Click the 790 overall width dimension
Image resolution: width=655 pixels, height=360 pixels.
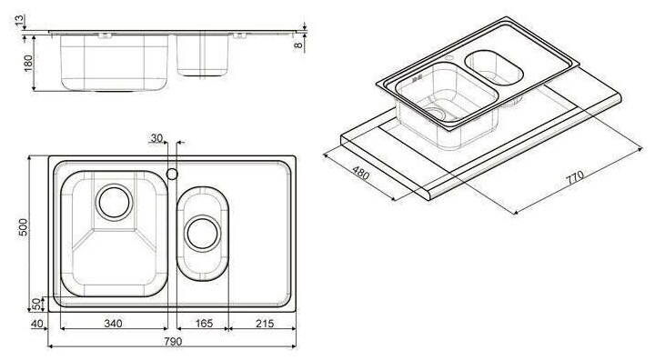[x=173, y=341]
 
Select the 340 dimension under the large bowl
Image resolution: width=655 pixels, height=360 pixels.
[x=113, y=324]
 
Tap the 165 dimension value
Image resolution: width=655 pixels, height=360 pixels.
[x=204, y=324]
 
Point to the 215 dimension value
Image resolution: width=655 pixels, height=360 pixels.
[x=265, y=324]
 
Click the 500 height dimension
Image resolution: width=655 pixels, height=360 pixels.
[x=24, y=227]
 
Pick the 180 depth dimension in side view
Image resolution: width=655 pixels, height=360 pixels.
[x=28, y=63]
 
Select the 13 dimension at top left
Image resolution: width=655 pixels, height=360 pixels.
[x=20, y=20]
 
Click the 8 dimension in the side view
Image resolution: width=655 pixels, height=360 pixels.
[x=297, y=45]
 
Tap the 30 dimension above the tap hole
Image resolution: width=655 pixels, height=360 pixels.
[x=156, y=138]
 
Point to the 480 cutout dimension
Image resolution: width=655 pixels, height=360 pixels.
[x=361, y=173]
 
